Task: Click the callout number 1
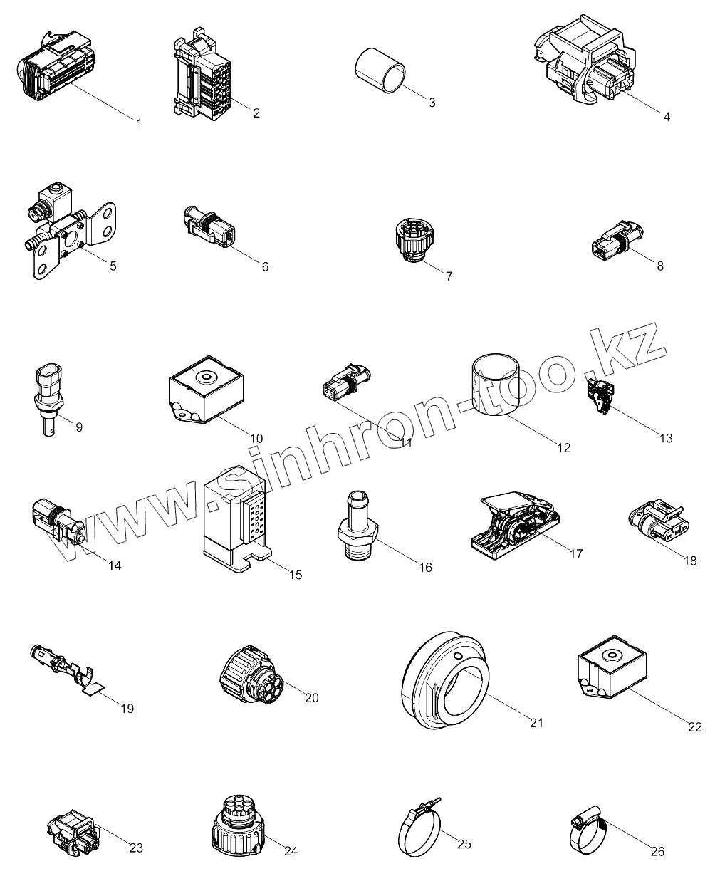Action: tap(139, 123)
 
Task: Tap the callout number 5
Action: tap(113, 266)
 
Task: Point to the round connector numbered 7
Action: tap(413, 240)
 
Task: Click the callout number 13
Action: tap(665, 439)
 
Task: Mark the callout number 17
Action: tap(575, 553)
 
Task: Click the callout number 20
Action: tap(311, 698)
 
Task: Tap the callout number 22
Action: tap(695, 727)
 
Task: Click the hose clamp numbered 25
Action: tap(418, 830)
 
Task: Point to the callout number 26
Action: tap(657, 850)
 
